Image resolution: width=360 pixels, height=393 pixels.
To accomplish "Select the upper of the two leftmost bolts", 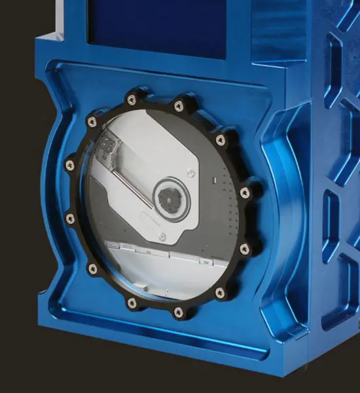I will click(x=70, y=165).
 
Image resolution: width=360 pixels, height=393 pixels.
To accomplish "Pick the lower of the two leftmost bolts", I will click(x=70, y=219).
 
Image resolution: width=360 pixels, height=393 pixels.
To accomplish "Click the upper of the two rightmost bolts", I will click(x=244, y=193).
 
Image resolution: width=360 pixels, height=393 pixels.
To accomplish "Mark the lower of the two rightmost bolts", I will click(x=244, y=248).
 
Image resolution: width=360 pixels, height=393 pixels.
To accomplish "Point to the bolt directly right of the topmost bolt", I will click(x=179, y=105).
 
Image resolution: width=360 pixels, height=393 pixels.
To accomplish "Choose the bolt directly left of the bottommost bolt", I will click(x=132, y=303).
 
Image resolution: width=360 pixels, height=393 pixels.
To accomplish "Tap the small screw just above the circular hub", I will click(x=190, y=174).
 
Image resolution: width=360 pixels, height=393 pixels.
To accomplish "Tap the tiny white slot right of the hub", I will click(x=215, y=179).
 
